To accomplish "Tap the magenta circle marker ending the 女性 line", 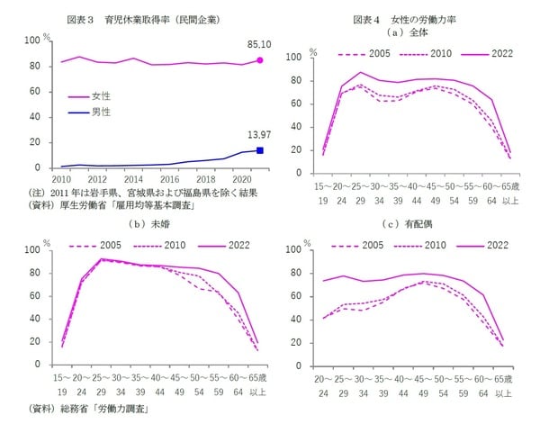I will tap(259, 60).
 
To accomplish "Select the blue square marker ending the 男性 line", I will tap(259, 150).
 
